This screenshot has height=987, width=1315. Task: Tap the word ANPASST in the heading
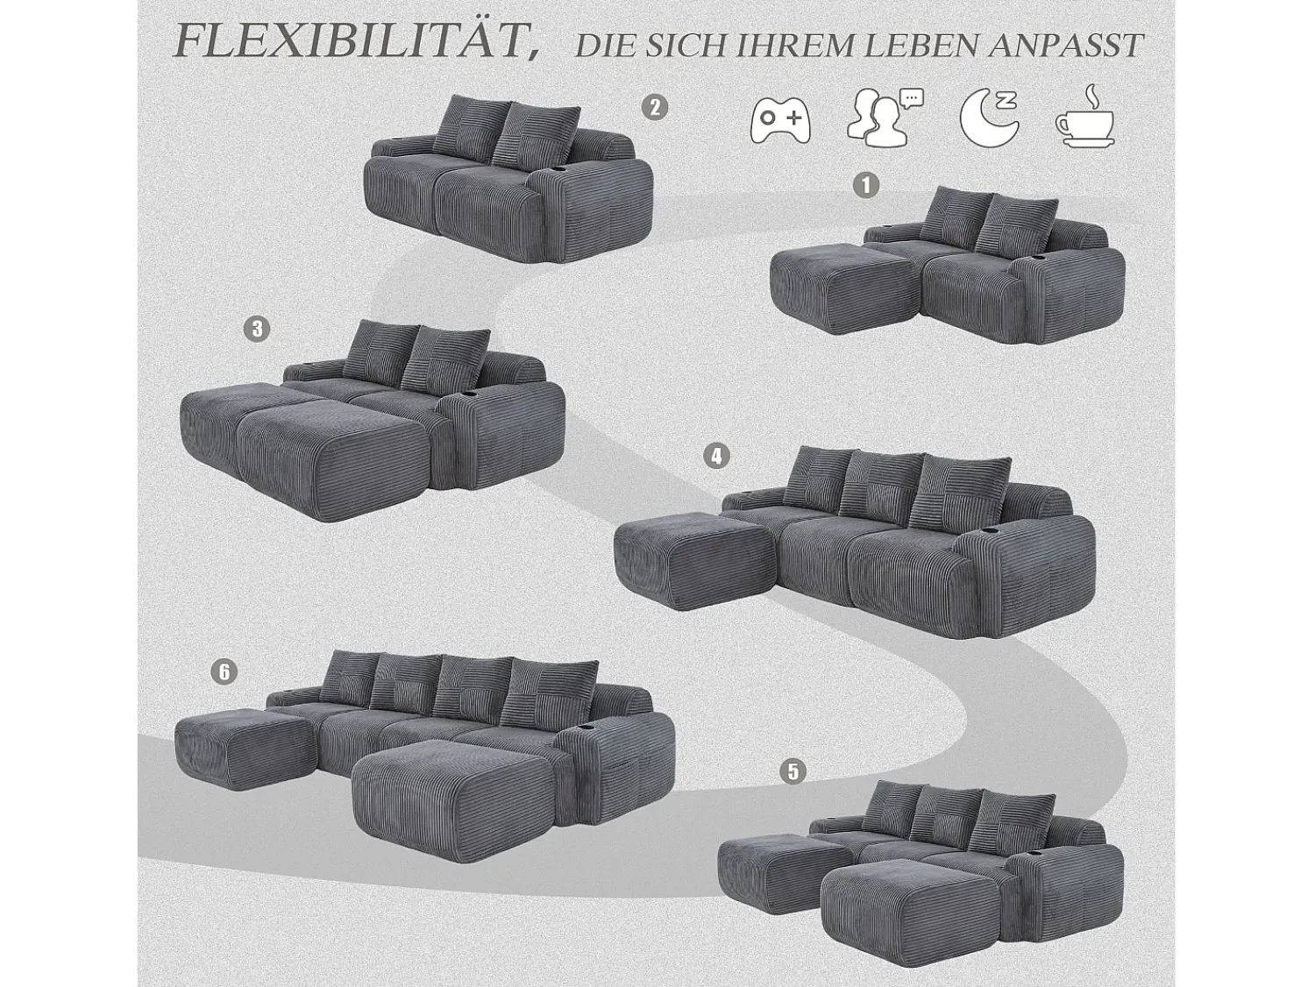[x=1066, y=45]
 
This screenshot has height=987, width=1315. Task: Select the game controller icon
[x=780, y=121]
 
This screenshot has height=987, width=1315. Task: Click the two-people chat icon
[x=885, y=117]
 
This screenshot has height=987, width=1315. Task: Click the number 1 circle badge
[x=866, y=185]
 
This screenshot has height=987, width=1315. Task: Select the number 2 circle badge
[x=655, y=108]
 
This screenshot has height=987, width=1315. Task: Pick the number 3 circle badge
[x=257, y=330]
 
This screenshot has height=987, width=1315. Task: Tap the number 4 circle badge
[x=716, y=457]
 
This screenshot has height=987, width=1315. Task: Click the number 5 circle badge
[x=793, y=770]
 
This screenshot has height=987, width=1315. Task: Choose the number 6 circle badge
[x=224, y=671]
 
